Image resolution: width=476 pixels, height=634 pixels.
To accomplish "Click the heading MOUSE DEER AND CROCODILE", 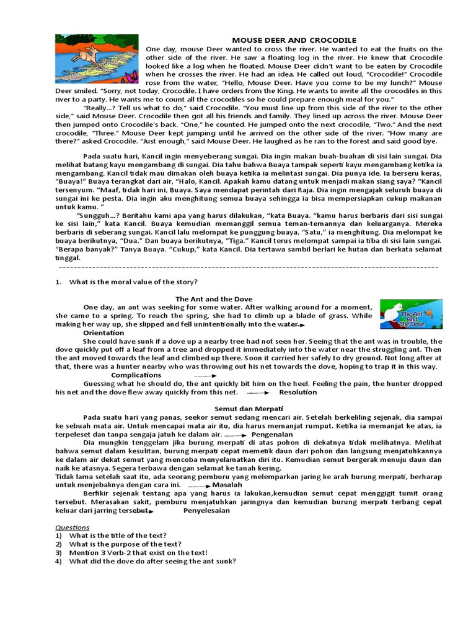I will (294, 40).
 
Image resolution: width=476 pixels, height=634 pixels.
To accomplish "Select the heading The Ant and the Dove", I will (214, 299).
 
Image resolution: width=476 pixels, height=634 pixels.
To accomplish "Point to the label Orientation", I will (104, 332).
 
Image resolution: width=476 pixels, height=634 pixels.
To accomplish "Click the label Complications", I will (136, 375).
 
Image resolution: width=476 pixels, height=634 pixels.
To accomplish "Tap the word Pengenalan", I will (272, 435).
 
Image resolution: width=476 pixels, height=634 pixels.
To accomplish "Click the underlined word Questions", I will (73, 528).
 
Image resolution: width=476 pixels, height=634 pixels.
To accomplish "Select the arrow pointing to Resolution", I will (258, 393).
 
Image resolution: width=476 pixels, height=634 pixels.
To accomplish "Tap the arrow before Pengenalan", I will (235, 435).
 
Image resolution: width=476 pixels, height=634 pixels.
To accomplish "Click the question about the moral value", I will (133, 282).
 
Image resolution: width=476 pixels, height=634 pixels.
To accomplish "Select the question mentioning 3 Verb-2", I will (138, 552).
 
